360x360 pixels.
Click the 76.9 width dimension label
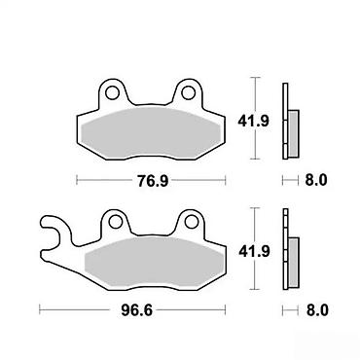coord(153,181)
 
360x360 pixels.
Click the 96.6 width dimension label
coord(137,310)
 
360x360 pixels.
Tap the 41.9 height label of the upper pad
coord(253,122)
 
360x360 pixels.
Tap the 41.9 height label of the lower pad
coord(254,251)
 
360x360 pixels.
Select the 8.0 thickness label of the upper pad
coord(316,180)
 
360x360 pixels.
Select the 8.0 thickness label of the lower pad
coord(317,310)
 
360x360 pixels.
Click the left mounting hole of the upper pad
coord(112,92)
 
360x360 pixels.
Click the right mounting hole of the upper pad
coord(188,92)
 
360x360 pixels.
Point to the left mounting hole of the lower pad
coord(116,222)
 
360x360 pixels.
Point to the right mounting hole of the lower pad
coord(192,222)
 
